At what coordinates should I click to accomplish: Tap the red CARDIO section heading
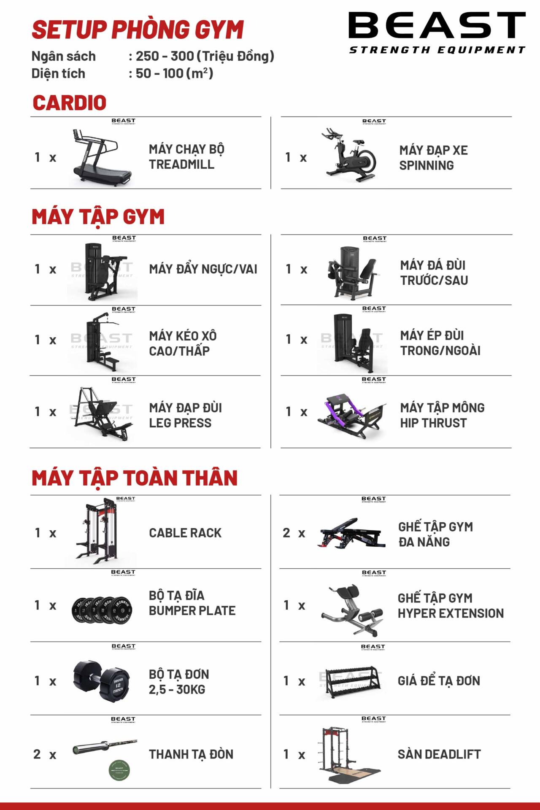pos(69,103)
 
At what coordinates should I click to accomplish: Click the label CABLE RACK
pos(185,533)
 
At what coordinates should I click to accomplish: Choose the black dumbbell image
pos(102,681)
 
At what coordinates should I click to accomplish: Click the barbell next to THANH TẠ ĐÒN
pos(105,747)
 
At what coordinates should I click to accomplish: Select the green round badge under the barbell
pos(119,769)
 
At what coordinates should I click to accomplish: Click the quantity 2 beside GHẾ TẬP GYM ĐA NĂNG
pos(286,533)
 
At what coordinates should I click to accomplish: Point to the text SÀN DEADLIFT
pos(439,754)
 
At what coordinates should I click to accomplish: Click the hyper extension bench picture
pos(352,609)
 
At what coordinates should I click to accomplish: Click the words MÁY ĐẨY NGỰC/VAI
pos(203,269)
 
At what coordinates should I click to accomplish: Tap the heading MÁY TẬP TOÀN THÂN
pos(135,478)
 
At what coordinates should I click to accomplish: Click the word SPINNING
pos(427,165)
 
